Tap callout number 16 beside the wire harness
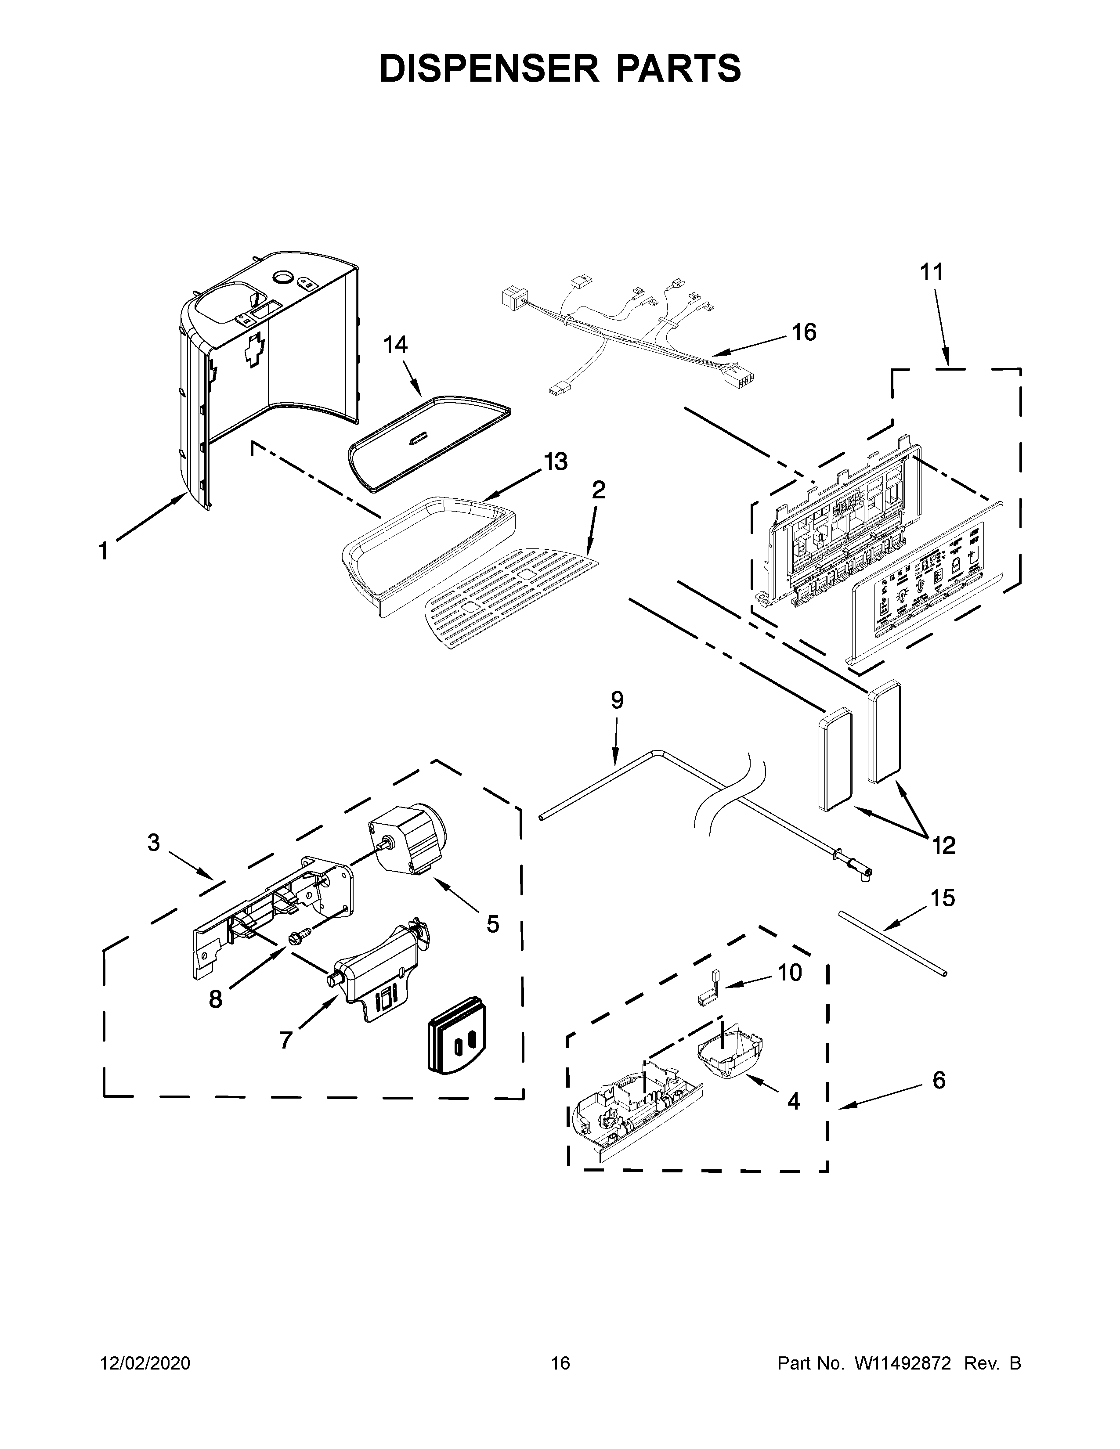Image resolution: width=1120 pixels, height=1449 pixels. tap(804, 332)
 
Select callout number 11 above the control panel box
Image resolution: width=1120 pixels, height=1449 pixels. tap(931, 272)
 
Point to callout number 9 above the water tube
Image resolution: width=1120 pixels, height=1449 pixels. tap(617, 701)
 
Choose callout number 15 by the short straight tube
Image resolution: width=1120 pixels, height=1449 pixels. tap(942, 898)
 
